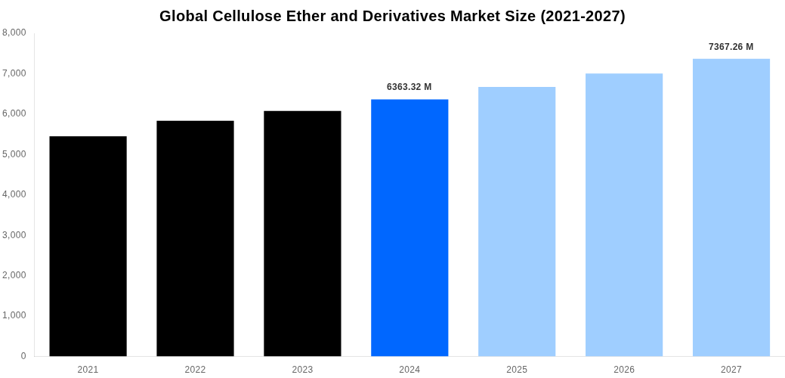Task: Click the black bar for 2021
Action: [88, 246]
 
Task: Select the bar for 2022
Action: [195, 238]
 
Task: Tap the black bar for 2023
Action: [302, 234]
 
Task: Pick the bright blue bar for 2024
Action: [409, 228]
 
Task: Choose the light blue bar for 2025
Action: [517, 222]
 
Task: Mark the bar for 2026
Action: [624, 215]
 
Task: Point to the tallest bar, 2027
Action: [731, 207]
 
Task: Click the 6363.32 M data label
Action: [409, 87]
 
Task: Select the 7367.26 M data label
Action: [731, 47]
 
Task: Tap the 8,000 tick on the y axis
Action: [14, 33]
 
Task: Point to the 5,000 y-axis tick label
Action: [14, 154]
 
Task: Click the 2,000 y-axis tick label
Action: [14, 275]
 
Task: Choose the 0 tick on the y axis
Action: [23, 356]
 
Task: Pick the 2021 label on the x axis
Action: [88, 370]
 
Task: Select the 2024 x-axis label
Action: [409, 370]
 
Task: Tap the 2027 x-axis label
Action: [731, 370]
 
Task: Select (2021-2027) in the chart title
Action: [583, 16]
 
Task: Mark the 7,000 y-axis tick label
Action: [14, 73]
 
